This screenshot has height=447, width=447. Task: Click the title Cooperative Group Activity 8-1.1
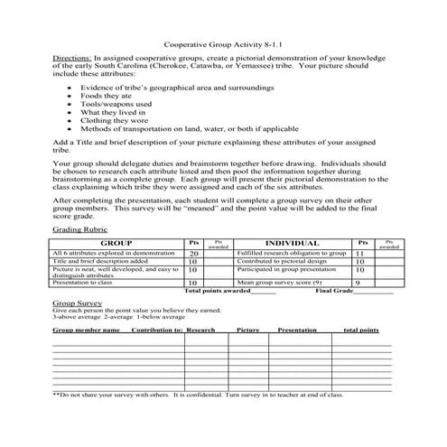click(222, 42)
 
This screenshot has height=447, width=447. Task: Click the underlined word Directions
click(70, 56)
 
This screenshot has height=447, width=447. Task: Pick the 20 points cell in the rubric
click(194, 255)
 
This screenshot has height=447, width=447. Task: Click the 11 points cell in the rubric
click(360, 255)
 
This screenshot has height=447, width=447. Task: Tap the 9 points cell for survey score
click(359, 283)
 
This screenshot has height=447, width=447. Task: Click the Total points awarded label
click(217, 291)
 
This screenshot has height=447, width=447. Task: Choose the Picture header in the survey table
click(247, 331)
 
